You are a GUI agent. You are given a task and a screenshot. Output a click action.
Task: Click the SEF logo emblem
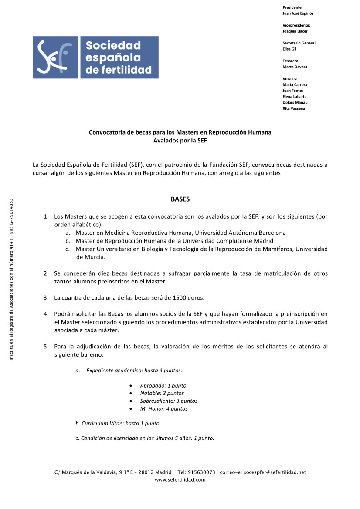pyautogui.click(x=55, y=57)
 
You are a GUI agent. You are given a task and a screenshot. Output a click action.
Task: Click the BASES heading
pyautogui.click(x=180, y=199)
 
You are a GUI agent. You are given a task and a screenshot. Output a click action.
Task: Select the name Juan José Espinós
pyautogui.click(x=298, y=13)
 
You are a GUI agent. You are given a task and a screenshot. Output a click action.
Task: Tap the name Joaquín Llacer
pyautogui.click(x=295, y=31)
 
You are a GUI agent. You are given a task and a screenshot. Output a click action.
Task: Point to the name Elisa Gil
pyautogui.click(x=289, y=49)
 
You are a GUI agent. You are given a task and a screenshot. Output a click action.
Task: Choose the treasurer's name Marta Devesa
pyautogui.click(x=295, y=67)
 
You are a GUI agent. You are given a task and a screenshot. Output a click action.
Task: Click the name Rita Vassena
pyautogui.click(x=294, y=108)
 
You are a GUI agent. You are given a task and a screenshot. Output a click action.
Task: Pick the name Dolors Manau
pyautogui.click(x=295, y=102)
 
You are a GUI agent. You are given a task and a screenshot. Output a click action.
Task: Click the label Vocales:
pyautogui.click(x=290, y=79)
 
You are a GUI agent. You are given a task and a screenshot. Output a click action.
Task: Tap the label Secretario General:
pyautogui.click(x=299, y=43)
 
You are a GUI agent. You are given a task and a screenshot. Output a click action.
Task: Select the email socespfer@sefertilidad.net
pyautogui.click(x=275, y=472)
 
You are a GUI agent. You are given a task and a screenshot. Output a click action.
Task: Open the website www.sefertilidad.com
pyautogui.click(x=180, y=480)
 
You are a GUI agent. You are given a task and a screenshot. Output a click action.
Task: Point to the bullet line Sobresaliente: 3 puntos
pyautogui.click(x=169, y=401)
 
